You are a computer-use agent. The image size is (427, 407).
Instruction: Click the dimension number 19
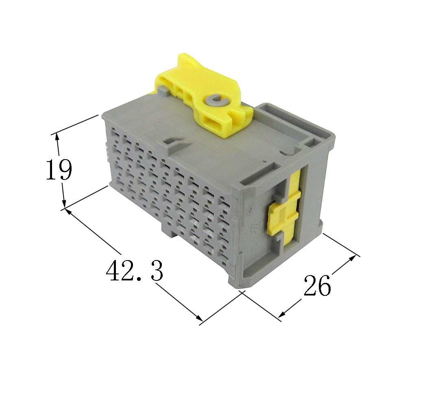[x=59, y=170]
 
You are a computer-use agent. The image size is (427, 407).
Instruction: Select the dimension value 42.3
[x=135, y=271]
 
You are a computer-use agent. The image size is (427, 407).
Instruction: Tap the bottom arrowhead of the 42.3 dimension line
[x=199, y=318]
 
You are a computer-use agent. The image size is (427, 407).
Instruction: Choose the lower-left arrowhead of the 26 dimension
[x=282, y=315]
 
